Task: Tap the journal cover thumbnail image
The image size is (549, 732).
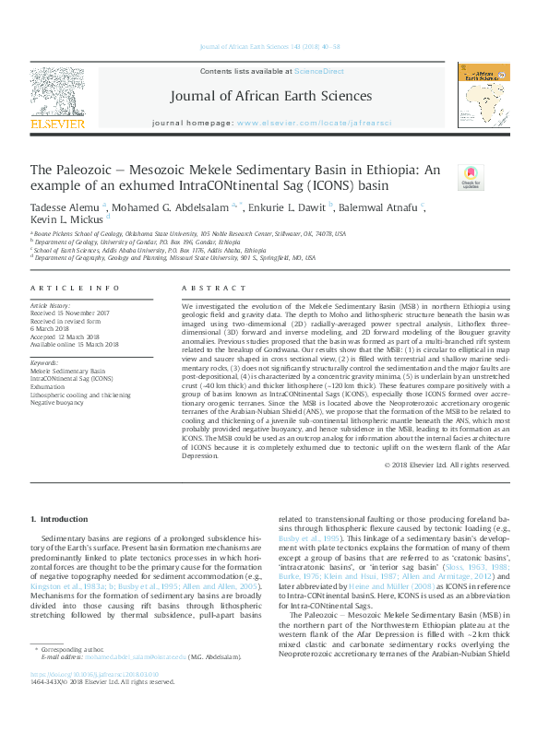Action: coord(484,89)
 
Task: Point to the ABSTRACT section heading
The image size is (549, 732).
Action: coord(206,288)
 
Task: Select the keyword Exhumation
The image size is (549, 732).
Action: coord(52,386)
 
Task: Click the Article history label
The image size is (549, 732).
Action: coord(52,303)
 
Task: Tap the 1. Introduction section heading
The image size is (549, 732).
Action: coord(60,521)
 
